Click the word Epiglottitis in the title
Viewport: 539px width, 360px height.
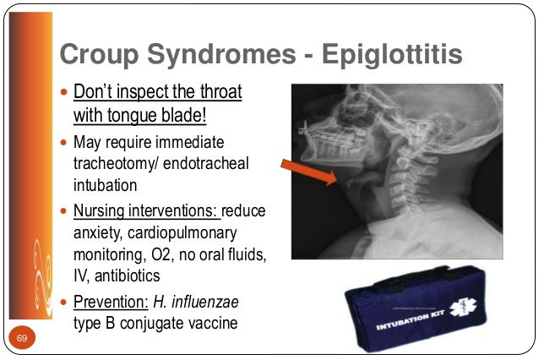coord(395,55)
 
